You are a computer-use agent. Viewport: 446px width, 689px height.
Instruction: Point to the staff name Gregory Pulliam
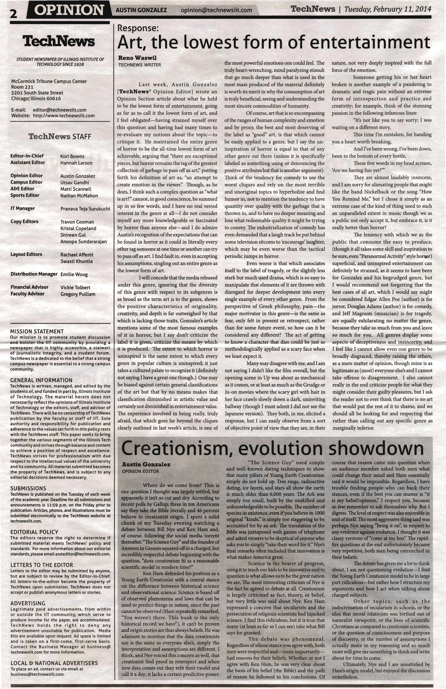coord(78,294)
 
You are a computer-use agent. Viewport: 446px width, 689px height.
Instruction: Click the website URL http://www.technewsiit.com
coord(64,115)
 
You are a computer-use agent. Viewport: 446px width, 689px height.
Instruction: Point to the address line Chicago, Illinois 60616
coord(36,98)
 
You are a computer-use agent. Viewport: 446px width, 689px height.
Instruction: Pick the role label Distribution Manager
coord(34,274)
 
